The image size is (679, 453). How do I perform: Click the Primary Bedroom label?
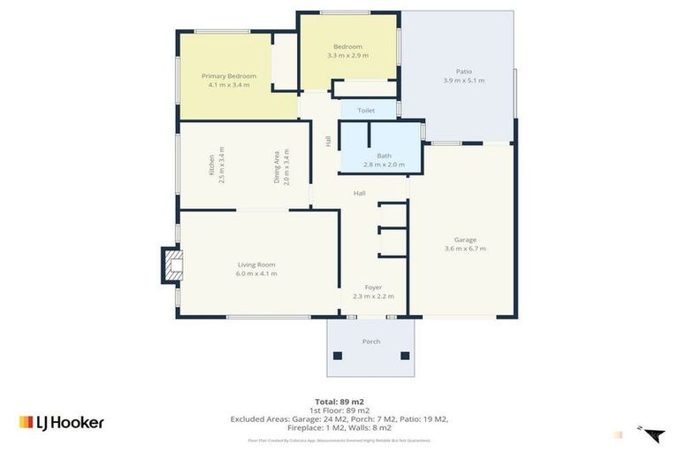[x=229, y=76]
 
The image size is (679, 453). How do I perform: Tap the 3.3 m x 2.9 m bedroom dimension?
[x=347, y=56]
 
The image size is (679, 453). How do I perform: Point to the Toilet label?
[x=366, y=111]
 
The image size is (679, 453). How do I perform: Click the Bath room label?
[x=384, y=156]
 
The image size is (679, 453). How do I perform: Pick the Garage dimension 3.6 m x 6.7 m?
[x=465, y=249]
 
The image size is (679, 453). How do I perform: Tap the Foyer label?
[x=373, y=288]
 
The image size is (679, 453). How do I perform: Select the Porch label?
[x=371, y=342]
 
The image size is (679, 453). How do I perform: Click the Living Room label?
[x=256, y=265]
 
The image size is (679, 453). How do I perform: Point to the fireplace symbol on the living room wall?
[x=172, y=265]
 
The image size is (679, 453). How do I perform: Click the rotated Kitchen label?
[x=211, y=165]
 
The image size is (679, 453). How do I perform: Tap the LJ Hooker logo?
[x=62, y=422]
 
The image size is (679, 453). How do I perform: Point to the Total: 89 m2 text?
[x=339, y=402]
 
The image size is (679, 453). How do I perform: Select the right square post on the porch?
[x=405, y=356]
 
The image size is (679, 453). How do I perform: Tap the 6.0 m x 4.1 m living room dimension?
[x=256, y=273]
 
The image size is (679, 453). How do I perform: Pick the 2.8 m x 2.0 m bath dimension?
[x=384, y=165]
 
